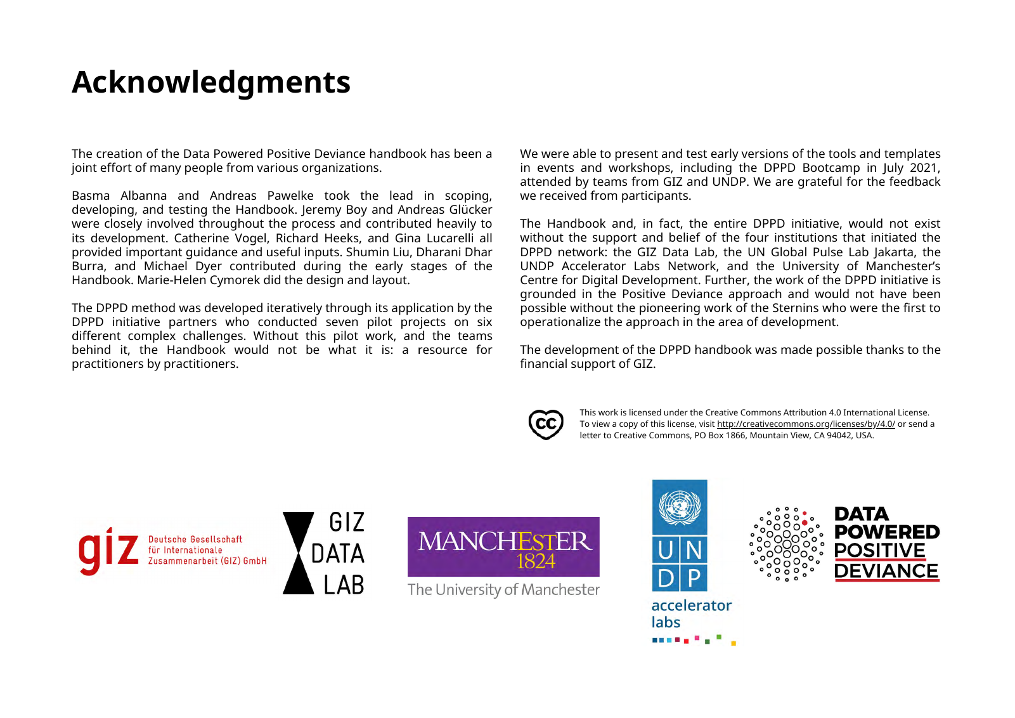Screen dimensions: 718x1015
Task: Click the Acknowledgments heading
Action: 211,82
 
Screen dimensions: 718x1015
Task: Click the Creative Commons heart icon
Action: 545,424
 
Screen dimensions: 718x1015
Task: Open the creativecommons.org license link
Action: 805,424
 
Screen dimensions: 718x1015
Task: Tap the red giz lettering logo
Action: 108,550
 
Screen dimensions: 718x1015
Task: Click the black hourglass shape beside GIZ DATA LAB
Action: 298,553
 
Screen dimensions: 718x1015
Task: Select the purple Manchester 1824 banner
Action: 503,547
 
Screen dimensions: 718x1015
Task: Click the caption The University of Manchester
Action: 503,590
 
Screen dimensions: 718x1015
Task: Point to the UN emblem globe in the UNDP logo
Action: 680,507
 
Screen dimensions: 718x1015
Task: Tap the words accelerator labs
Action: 690,613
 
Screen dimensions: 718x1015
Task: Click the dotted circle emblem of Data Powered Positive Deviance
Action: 787,544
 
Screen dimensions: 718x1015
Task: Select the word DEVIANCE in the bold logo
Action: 886,571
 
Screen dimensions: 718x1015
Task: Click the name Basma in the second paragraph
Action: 91,196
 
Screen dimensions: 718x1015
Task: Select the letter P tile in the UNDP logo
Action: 694,578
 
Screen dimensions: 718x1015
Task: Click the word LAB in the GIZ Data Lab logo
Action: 344,585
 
